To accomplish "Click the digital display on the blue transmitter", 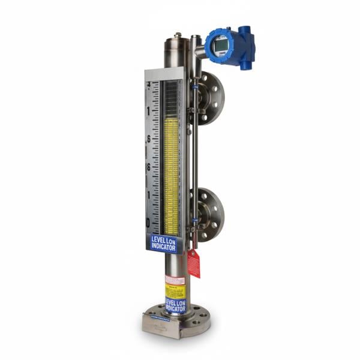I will [x=220, y=43].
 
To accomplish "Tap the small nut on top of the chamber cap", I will [x=178, y=35].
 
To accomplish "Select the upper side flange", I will [x=211, y=98].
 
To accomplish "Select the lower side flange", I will [x=211, y=215].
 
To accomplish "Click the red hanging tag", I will [x=193, y=263].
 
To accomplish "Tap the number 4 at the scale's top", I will [x=148, y=85].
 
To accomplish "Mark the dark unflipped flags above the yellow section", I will [x=172, y=100].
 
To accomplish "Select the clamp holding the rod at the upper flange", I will [x=193, y=110].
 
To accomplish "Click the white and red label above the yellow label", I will [x=175, y=280].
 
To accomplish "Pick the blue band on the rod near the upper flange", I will [x=195, y=88].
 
